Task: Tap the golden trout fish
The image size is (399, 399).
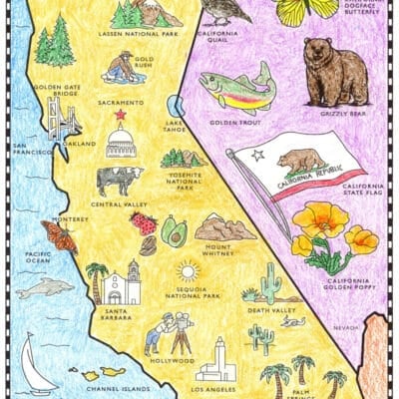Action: tap(238, 90)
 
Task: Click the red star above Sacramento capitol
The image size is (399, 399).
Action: tap(121, 115)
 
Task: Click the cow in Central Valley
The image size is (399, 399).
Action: tap(119, 181)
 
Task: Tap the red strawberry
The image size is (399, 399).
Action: tap(146, 223)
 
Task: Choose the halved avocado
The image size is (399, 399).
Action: tap(174, 233)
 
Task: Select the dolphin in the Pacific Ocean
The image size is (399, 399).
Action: tap(46, 288)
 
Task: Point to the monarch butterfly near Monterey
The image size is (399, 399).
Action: tap(59, 237)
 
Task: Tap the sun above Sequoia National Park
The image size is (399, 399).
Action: tap(187, 270)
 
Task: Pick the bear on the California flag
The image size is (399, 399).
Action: tap(298, 160)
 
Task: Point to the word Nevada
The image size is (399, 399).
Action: tap(346, 326)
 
